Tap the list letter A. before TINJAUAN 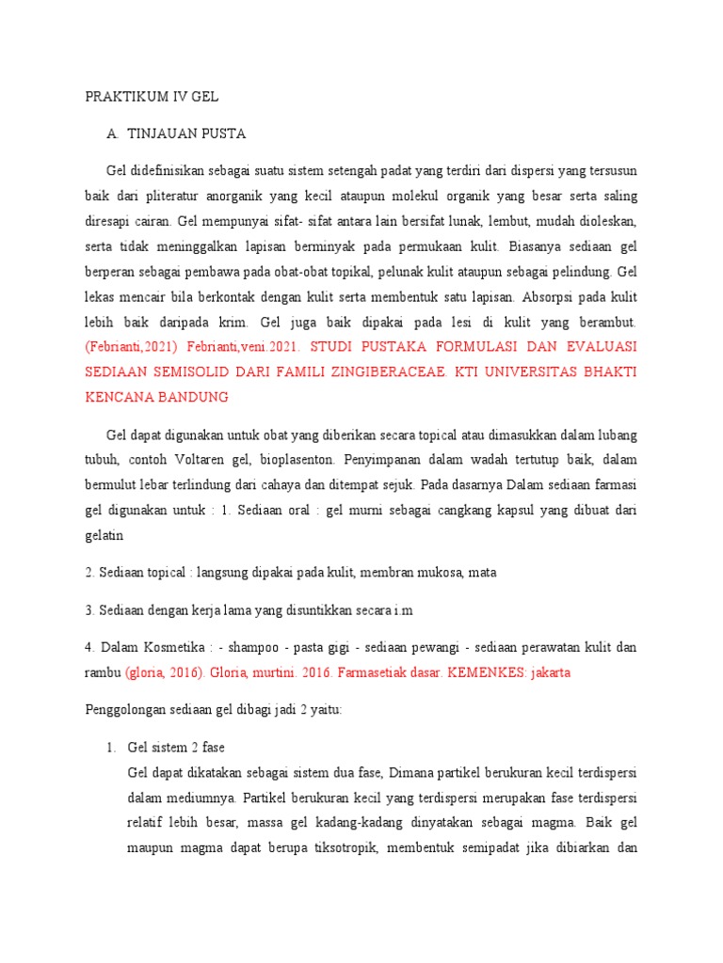(113, 134)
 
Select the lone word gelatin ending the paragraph (104, 534)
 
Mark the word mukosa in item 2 (439, 572)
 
